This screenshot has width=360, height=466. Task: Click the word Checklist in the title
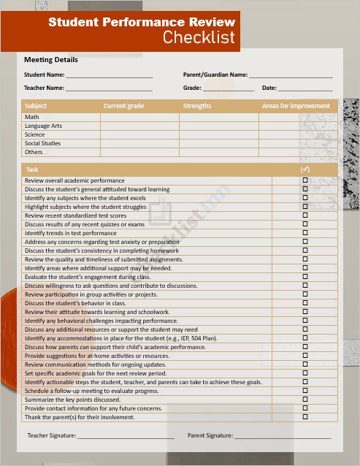click(199, 38)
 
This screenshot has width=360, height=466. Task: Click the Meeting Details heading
click(51, 60)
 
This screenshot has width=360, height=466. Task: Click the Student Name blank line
click(109, 75)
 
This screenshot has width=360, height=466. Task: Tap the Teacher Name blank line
click(109, 88)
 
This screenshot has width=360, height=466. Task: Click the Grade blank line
click(229, 88)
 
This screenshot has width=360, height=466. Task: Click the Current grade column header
click(123, 107)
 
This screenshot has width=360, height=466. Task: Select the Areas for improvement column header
click(296, 107)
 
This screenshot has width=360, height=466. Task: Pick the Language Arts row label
click(43, 126)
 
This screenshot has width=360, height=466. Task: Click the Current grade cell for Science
click(139, 134)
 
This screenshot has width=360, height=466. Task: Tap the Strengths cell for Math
click(218, 117)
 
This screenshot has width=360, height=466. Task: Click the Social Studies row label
click(42, 143)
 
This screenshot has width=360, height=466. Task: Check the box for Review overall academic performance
click(305, 180)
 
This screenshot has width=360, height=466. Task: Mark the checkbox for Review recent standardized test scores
click(305, 215)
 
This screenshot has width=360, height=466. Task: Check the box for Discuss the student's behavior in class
click(305, 303)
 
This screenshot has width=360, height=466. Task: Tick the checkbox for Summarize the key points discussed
click(305, 400)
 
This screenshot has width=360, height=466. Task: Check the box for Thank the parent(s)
click(305, 417)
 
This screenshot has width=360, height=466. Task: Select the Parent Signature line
click(282, 436)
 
